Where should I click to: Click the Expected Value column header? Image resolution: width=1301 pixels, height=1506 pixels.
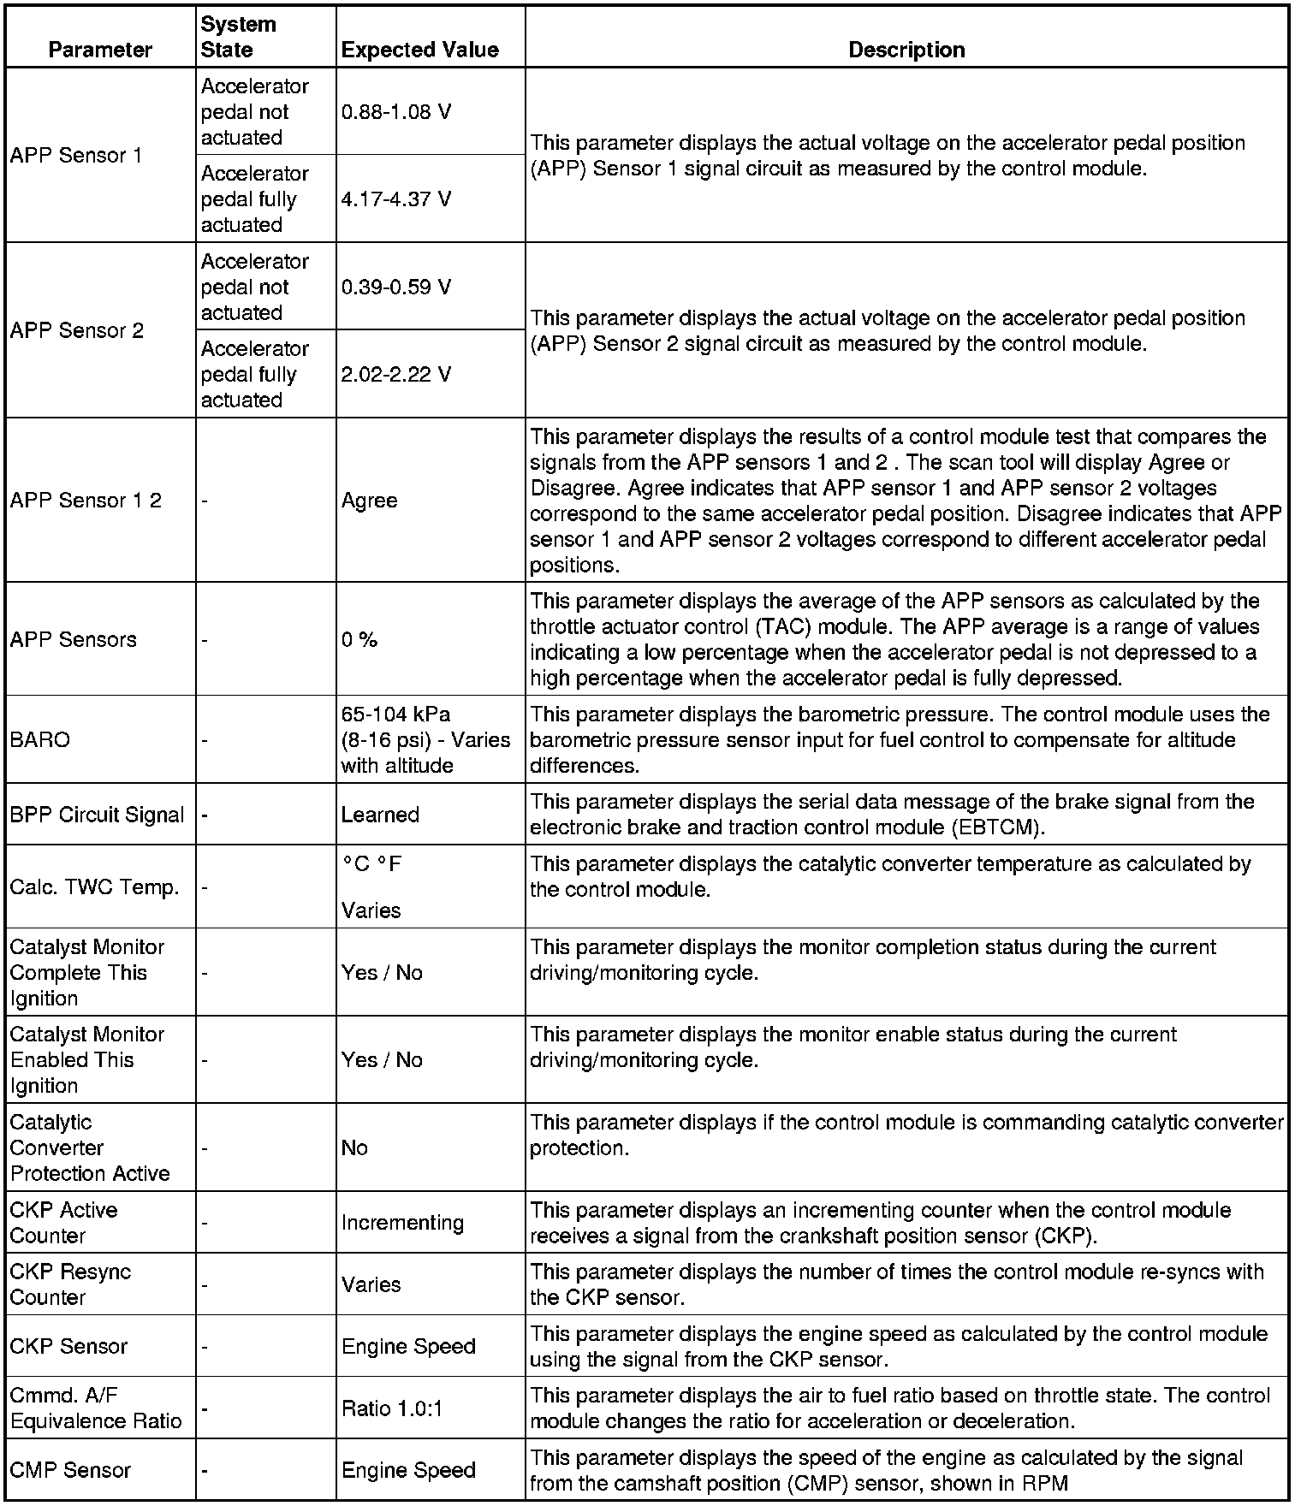pos(419,50)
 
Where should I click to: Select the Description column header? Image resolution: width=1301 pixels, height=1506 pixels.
pos(906,50)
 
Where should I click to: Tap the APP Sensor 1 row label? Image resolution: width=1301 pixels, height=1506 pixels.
pos(76,156)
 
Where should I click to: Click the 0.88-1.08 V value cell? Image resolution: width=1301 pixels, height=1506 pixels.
pos(396,112)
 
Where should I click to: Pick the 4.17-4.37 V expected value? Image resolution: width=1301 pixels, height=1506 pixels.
pos(396,199)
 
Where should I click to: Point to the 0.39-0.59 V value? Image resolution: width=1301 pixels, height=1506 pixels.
pos(396,288)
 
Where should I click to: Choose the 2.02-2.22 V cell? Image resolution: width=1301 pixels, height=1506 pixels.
pos(396,375)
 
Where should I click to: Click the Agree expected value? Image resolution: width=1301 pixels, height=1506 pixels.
pos(369,501)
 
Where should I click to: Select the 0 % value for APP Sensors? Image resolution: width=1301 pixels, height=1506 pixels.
pos(359,640)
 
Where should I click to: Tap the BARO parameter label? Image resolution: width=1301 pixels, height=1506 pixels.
pos(40,740)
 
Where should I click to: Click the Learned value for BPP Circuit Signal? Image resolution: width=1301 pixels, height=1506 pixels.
pos(380,815)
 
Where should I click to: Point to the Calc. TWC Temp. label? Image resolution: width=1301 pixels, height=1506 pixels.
pos(94,887)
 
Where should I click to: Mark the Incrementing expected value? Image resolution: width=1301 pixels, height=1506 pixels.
pos(402,1223)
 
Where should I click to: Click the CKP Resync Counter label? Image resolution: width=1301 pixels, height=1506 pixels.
pos(70,1284)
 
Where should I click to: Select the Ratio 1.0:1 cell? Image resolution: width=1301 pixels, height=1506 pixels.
pos(392,1408)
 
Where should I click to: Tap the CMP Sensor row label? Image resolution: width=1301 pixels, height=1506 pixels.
pos(70,1470)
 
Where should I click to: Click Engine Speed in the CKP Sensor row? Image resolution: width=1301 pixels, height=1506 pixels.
pos(408,1346)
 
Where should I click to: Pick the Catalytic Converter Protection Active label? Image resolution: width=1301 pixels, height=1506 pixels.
pos(90,1147)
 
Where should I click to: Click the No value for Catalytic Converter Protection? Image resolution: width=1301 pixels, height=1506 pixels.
pos(354,1147)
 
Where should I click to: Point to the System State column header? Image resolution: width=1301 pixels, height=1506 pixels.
pos(238,37)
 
